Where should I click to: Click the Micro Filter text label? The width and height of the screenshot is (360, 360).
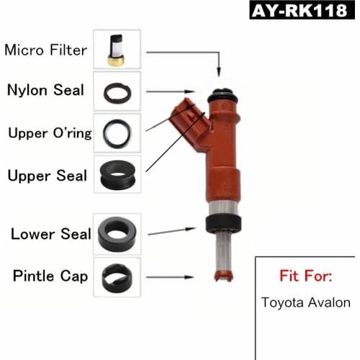(x=45, y=50)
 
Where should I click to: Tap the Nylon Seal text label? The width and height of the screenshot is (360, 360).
(x=45, y=91)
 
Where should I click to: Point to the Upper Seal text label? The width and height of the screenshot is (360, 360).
(x=47, y=175)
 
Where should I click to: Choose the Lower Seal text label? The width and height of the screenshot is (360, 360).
(x=50, y=234)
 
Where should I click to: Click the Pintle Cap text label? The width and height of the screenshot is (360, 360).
(x=50, y=276)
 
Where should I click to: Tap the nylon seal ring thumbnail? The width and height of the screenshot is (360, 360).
(x=117, y=91)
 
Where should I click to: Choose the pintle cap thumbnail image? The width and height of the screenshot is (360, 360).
(x=117, y=275)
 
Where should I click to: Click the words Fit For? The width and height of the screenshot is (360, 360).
(x=305, y=276)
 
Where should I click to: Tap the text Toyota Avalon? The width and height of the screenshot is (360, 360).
(x=305, y=302)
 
